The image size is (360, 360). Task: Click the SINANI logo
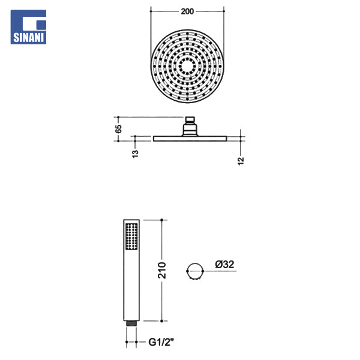pos(28,27)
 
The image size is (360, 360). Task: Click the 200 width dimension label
pos(187,11)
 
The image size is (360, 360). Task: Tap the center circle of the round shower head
pos(187,67)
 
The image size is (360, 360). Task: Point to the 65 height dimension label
pos(118,129)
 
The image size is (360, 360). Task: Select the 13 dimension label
pos(135,154)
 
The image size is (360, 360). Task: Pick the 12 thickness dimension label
pos(241,161)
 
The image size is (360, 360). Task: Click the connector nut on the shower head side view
pos(190,126)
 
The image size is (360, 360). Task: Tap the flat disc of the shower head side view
pos(190,139)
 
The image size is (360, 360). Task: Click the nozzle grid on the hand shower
pos(131,236)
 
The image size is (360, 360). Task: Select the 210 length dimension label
pos(161,270)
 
